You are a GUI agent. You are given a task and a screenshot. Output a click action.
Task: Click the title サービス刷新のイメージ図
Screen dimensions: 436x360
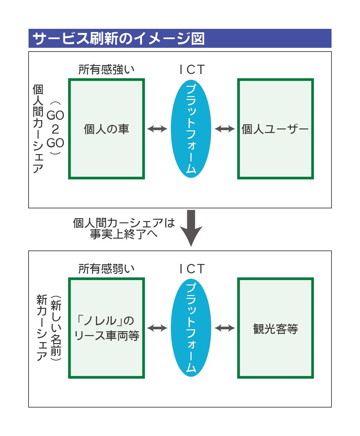[x=119, y=38]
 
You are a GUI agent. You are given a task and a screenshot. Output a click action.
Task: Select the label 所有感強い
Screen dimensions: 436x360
[x=106, y=70]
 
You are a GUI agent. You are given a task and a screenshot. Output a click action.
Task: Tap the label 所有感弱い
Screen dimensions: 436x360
[x=106, y=269]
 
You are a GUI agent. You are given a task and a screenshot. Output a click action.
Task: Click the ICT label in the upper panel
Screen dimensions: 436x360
[x=192, y=70]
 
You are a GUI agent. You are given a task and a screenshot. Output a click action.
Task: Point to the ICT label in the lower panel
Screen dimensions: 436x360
[x=192, y=269]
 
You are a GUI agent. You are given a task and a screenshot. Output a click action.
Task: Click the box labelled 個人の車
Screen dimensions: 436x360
[x=106, y=129]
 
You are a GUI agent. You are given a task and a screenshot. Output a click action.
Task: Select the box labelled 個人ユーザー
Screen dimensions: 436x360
[x=275, y=129]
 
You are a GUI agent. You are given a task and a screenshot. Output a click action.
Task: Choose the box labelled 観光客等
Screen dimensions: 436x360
[x=275, y=328]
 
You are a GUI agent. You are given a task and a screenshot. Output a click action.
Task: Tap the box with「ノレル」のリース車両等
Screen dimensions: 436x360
[x=106, y=328]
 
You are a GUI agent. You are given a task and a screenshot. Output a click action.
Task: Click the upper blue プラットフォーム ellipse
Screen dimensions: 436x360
[x=191, y=129]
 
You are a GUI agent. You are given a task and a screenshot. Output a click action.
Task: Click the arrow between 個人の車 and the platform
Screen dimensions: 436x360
[x=157, y=129]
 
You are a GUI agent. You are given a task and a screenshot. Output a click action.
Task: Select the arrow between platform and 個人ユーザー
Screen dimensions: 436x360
[x=225, y=129]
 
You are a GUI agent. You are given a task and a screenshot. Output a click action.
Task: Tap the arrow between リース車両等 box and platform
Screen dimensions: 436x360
[x=157, y=328]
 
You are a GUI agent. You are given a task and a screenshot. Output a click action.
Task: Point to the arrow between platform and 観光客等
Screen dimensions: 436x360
[x=225, y=328]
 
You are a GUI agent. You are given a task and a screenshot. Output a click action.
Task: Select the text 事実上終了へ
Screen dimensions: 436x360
[x=124, y=234]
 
